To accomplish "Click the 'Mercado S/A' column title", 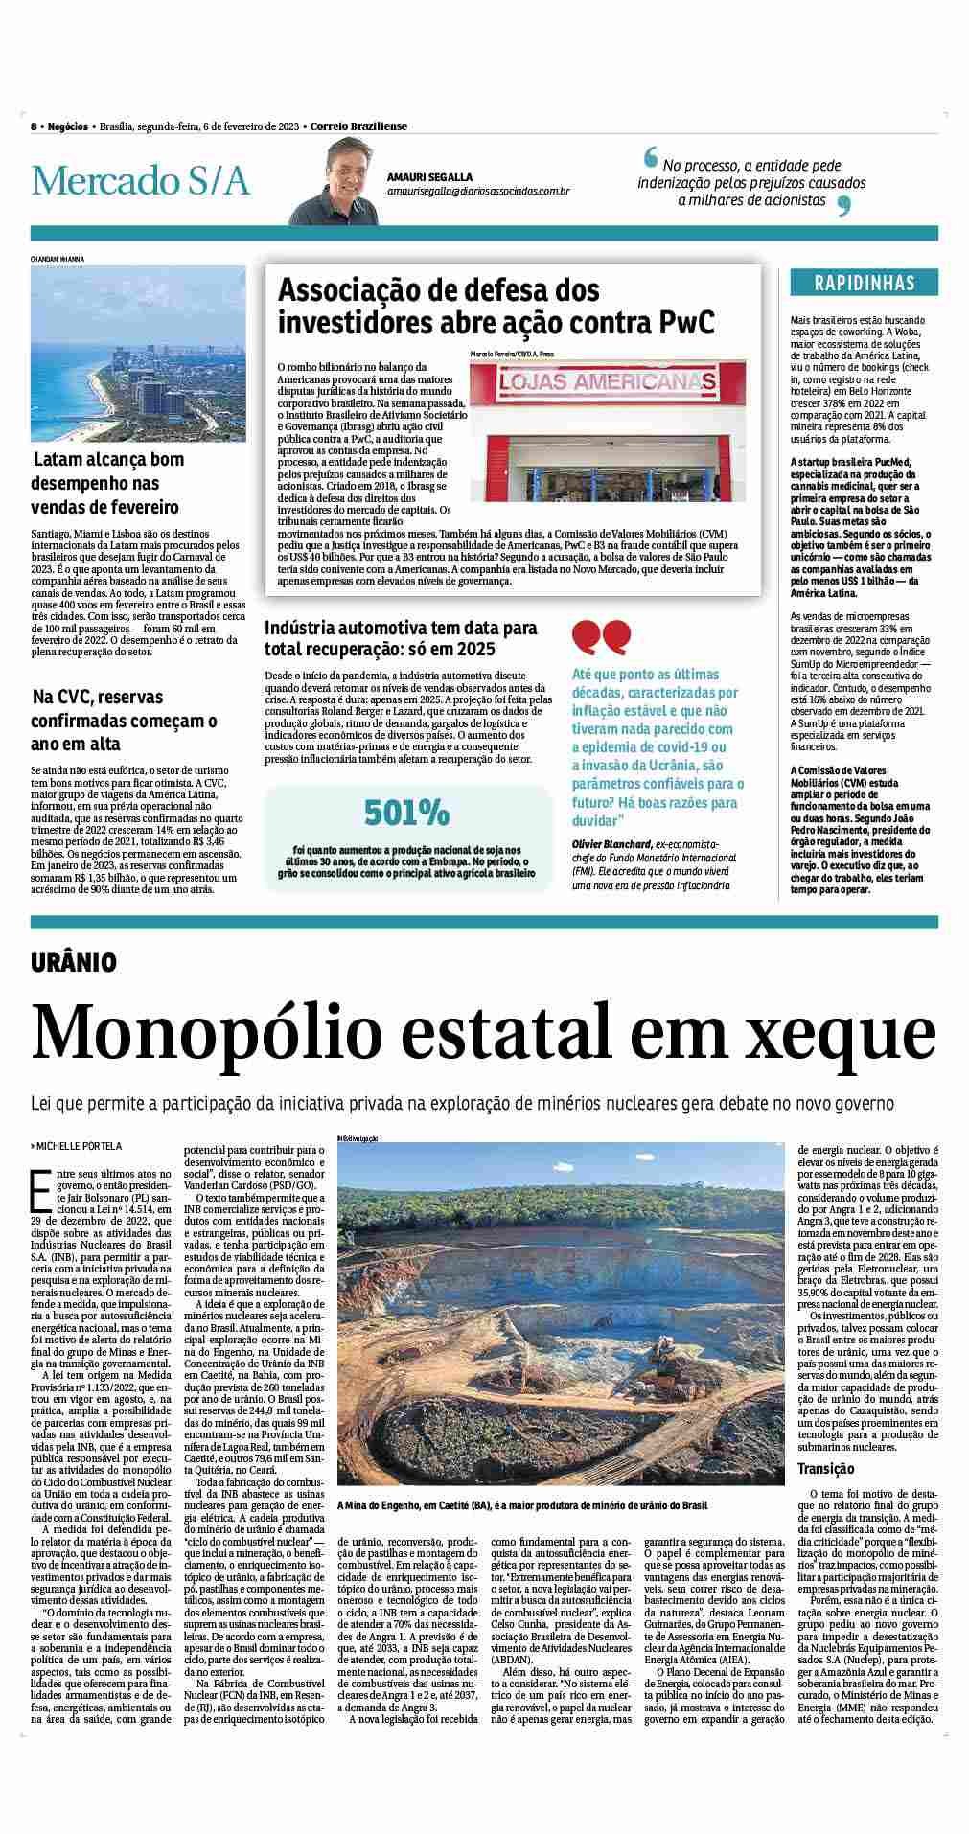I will (140, 181).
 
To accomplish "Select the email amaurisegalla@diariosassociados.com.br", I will (478, 192).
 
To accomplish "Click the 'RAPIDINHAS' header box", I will (864, 283).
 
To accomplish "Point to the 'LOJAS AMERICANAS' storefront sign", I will (607, 382).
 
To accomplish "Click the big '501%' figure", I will (407, 814).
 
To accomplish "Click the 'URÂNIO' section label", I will (74, 962).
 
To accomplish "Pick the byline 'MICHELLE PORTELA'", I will (80, 1145).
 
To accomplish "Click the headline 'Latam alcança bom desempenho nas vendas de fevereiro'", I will (107, 483).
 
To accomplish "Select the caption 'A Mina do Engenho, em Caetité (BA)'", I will (414, 1506).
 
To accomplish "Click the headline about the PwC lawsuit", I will (496, 306).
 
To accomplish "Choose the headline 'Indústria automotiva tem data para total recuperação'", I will (401, 639).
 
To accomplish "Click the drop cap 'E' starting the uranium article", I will (40, 1187).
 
